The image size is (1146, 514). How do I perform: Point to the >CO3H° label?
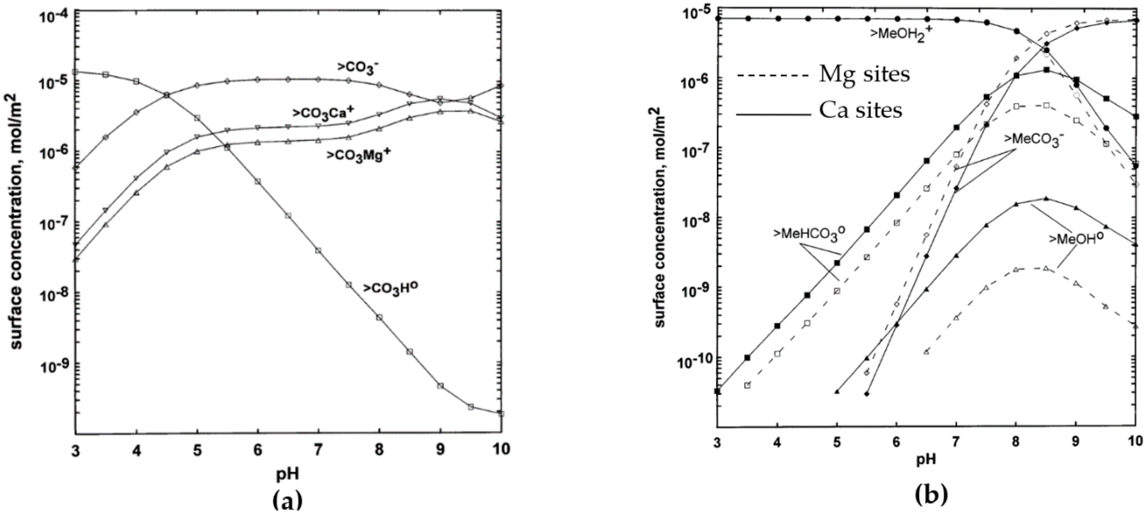pyautogui.click(x=391, y=288)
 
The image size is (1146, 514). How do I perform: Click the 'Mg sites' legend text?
pyautogui.click(x=864, y=75)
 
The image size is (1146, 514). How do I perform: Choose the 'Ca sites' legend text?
pyautogui.click(x=861, y=110)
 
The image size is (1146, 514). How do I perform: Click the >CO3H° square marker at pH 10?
pyautogui.click(x=501, y=414)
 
